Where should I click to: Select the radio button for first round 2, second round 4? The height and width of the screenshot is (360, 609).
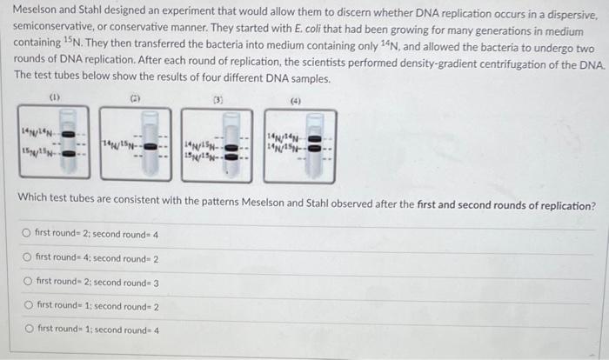click(x=28, y=235)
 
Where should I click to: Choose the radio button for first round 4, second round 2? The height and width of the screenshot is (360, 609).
click(x=28, y=258)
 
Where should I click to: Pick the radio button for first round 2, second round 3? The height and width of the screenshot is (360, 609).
click(x=28, y=283)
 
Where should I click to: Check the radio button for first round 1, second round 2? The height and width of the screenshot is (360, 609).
click(x=28, y=306)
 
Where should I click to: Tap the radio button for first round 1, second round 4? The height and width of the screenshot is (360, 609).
click(x=28, y=330)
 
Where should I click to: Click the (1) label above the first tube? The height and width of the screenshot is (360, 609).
click(x=54, y=97)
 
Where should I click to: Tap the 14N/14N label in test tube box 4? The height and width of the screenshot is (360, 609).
click(x=284, y=135)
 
